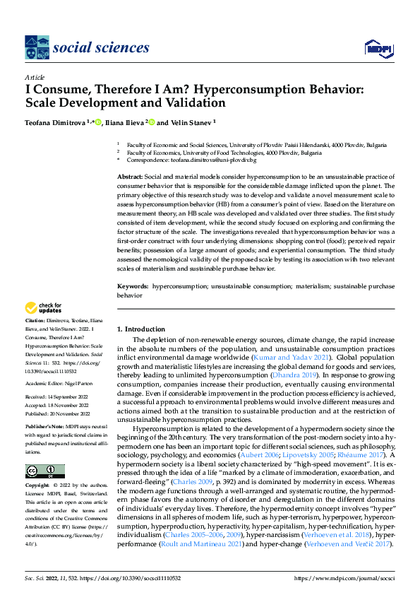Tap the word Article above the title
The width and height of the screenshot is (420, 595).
click(x=34, y=77)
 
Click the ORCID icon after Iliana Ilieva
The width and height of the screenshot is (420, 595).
click(x=150, y=122)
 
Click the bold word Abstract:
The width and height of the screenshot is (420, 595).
click(x=132, y=175)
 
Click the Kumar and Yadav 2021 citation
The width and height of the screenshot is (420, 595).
click(x=292, y=358)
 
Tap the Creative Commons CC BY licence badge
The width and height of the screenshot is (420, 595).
click(x=44, y=471)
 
